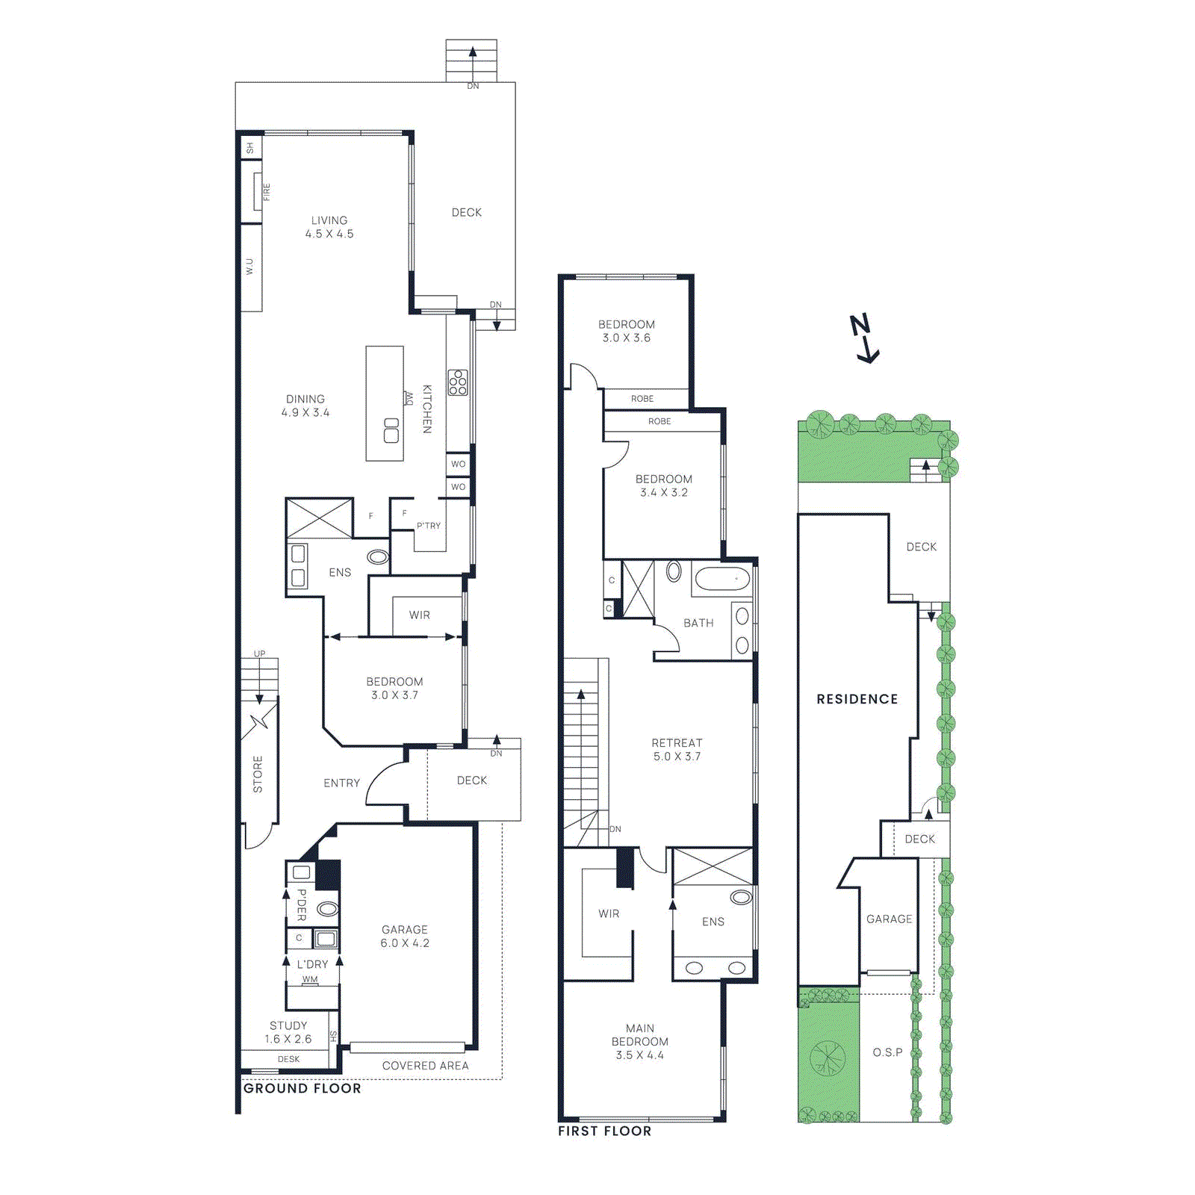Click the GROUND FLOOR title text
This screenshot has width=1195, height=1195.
[x=302, y=1088]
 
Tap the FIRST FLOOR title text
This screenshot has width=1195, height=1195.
[x=604, y=1131]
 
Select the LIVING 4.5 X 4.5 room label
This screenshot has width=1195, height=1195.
[x=329, y=227]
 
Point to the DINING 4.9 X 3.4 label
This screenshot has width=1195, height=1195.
[x=305, y=406]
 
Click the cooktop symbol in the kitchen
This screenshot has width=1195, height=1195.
[x=458, y=382]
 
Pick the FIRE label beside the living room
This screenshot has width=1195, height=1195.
[x=267, y=192]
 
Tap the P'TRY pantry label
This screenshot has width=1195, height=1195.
[x=429, y=526]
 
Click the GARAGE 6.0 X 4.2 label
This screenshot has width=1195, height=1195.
[x=405, y=936]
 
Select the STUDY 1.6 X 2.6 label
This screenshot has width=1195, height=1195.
[x=288, y=1032]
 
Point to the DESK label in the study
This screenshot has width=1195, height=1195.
[x=288, y=1059]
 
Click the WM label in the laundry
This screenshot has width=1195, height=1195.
[x=310, y=979]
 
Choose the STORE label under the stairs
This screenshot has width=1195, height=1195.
[x=258, y=774]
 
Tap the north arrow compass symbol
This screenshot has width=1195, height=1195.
[x=864, y=339]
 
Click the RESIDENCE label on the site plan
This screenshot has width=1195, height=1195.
[x=857, y=699]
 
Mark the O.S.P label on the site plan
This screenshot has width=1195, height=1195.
[x=887, y=1052]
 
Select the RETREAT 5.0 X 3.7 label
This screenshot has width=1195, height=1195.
[x=677, y=749]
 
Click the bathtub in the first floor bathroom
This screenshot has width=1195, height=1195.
[x=721, y=579]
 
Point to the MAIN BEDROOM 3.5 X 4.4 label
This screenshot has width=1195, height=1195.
[x=640, y=1041]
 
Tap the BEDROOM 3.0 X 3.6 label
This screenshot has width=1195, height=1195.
[x=627, y=331]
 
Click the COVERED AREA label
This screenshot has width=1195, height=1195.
[x=425, y=1066]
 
